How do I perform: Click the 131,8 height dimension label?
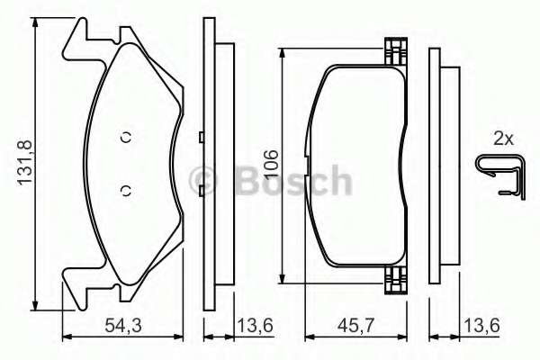pos(25,162)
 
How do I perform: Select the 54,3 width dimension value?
pos(123,326)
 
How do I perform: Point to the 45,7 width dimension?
pos(355,326)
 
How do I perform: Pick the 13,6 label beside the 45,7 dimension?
pos(481,326)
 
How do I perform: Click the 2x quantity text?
pos(503,139)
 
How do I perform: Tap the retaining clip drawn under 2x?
pos(501,177)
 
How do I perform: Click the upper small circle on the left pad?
pos(126,137)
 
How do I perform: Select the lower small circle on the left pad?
pos(126,191)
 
